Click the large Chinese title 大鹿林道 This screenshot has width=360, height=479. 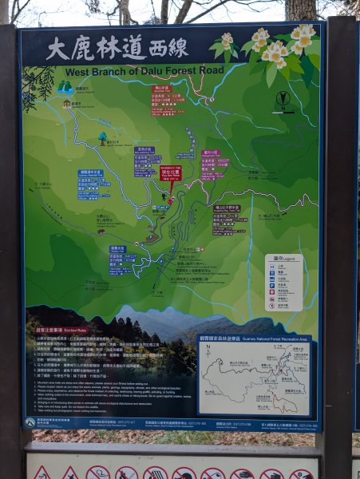(95, 49)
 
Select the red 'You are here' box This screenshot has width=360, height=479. (171, 173)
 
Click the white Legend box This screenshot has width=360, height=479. (283, 282)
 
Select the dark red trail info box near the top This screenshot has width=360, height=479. (163, 96)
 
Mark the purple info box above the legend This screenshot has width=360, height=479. (229, 220)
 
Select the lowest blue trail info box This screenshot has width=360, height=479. (119, 260)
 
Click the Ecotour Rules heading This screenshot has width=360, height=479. (51, 328)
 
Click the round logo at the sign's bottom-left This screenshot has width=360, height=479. (30, 422)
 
